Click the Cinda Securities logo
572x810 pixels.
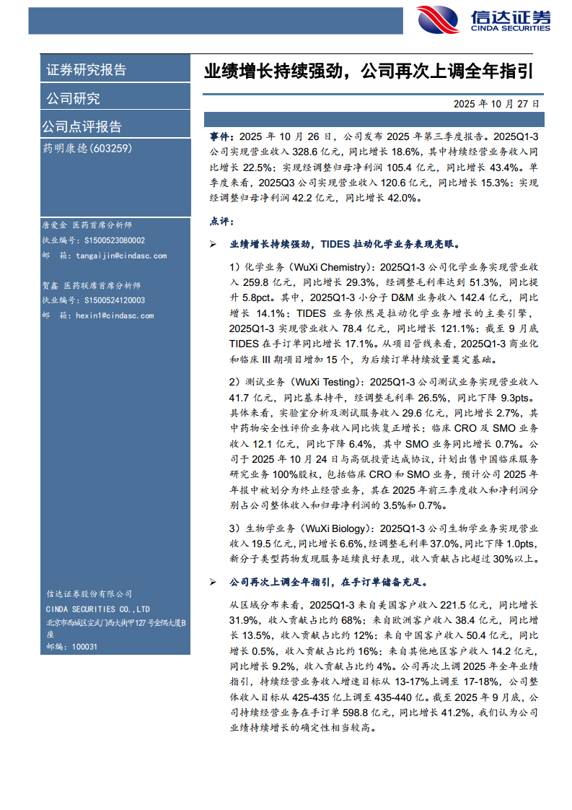[483, 19]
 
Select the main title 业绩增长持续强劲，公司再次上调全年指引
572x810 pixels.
[369, 71]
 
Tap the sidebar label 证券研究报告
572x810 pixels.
[87, 70]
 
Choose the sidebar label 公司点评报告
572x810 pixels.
[82, 127]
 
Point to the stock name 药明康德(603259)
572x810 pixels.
[87, 148]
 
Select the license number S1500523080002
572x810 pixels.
[114, 240]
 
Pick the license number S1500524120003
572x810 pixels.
[114, 300]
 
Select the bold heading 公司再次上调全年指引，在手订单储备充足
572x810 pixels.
[328, 581]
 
